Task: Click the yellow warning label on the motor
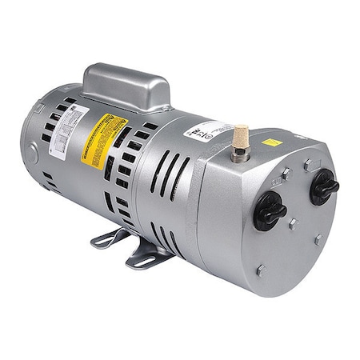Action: (105, 139)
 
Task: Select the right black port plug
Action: (325, 186)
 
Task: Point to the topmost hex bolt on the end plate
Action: (309, 165)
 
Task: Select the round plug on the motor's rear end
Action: (32, 149)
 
